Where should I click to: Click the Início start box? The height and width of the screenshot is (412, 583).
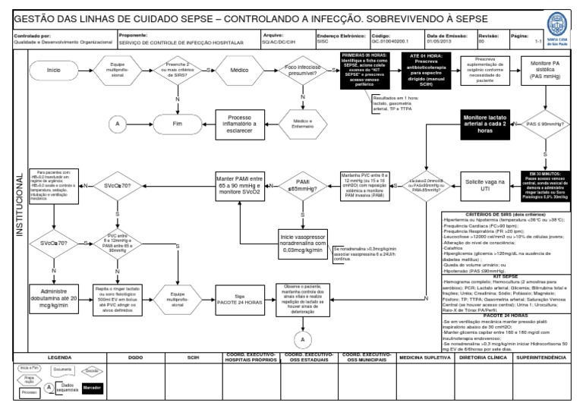(x=54, y=71)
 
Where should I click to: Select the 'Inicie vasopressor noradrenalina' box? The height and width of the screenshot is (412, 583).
(x=303, y=242)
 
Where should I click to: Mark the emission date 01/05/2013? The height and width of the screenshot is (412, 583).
(x=440, y=43)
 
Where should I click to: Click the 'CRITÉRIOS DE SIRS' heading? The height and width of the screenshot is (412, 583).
(x=508, y=215)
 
